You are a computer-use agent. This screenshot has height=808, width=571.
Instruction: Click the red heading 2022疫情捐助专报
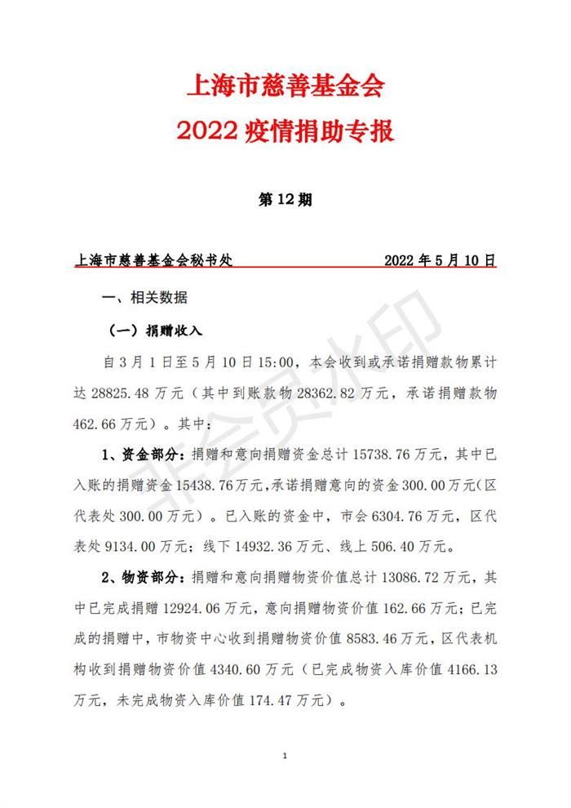(x=285, y=131)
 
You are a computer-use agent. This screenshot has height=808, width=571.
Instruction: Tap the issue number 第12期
(x=285, y=200)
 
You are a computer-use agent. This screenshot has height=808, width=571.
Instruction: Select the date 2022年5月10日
(x=440, y=262)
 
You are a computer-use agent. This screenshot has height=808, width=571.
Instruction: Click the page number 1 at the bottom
(x=285, y=757)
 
